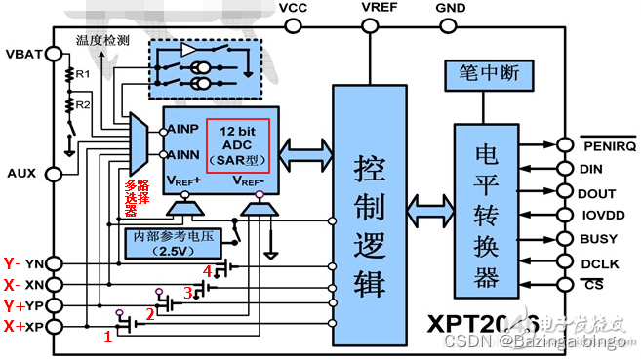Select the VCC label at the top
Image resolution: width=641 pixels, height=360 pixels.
(x=294, y=8)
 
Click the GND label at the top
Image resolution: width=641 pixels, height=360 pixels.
(x=452, y=9)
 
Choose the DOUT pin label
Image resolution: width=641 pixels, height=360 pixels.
(x=597, y=192)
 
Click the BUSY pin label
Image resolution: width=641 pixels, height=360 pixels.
(x=597, y=239)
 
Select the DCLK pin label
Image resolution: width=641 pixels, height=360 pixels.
(x=597, y=262)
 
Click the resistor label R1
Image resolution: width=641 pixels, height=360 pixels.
(x=83, y=74)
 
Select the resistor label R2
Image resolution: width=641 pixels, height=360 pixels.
(x=83, y=103)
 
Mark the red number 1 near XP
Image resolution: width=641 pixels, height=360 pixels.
(x=108, y=337)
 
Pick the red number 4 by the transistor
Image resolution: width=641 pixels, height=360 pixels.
(x=206, y=270)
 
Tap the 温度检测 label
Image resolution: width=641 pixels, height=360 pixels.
(x=102, y=40)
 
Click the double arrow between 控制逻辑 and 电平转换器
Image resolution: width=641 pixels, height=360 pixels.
(x=428, y=209)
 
